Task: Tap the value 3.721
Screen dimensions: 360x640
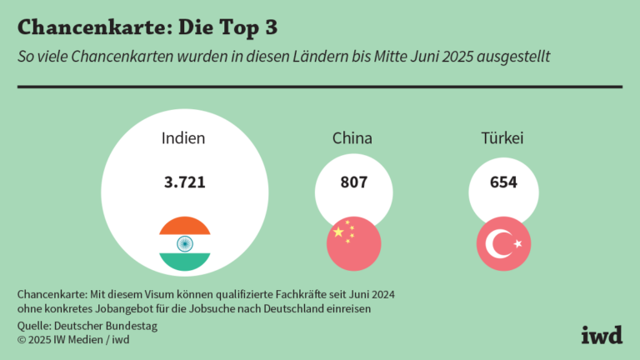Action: click(x=183, y=182)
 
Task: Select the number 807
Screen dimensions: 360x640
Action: click(x=353, y=182)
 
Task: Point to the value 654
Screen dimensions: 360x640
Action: click(x=502, y=182)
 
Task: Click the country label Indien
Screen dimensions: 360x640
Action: click(x=183, y=138)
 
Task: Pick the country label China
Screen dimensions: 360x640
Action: click(x=352, y=138)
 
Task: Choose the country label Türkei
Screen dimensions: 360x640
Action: click(x=502, y=138)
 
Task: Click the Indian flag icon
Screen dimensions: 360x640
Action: click(x=184, y=243)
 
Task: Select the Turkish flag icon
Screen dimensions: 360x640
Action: click(x=503, y=243)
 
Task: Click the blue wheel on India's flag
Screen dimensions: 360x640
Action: click(x=184, y=243)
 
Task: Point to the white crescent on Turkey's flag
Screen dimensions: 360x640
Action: click(x=499, y=243)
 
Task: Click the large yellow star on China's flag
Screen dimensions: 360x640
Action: click(x=338, y=232)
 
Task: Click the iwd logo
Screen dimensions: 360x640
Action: click(x=601, y=334)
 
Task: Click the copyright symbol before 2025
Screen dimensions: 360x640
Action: click(x=22, y=339)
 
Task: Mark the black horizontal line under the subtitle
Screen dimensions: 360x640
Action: click(x=319, y=86)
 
